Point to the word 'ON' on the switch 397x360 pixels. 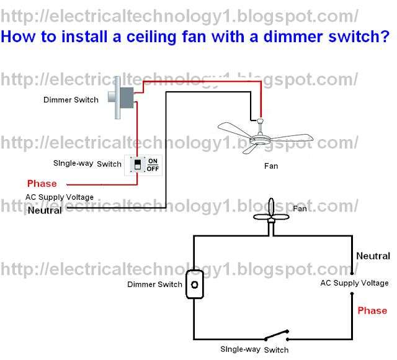coord(153,160)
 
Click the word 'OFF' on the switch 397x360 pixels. coord(153,169)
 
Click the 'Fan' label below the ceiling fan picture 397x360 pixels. coord(271,166)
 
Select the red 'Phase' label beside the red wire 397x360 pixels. coord(42,184)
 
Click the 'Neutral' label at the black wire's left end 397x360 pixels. coord(45,210)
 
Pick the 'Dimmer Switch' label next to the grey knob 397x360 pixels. coord(71,99)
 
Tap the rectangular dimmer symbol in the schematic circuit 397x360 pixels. coord(195,284)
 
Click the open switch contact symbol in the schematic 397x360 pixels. coord(276,337)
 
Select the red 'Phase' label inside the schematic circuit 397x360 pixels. coord(372,310)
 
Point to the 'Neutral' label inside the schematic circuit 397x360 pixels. coord(373,256)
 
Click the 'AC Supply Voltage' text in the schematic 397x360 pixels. coord(354,283)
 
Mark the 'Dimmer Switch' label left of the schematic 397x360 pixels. coord(154,285)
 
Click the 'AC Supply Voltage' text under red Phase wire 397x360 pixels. coord(60,197)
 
